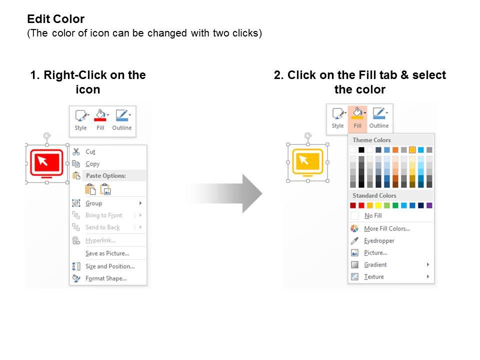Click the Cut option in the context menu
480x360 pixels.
[90, 152]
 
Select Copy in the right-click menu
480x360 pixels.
[92, 164]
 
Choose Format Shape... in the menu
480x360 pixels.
[106, 278]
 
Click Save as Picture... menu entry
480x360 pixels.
[107, 253]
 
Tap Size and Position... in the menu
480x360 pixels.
[110, 266]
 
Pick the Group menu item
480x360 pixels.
[93, 203]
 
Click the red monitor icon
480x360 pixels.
[46, 163]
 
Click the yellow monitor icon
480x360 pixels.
[307, 162]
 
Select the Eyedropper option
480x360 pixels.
[379, 240]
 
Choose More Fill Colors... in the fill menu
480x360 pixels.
[387, 228]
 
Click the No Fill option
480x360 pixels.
[373, 215]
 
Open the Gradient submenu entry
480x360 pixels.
[375, 264]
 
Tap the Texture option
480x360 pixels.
[374, 276]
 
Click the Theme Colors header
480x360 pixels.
[371, 140]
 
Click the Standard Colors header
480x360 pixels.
[374, 195]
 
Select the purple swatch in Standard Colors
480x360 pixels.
[429, 205]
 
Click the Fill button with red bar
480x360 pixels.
[100, 120]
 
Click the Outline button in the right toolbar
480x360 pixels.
[379, 118]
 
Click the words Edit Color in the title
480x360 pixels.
[55, 19]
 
